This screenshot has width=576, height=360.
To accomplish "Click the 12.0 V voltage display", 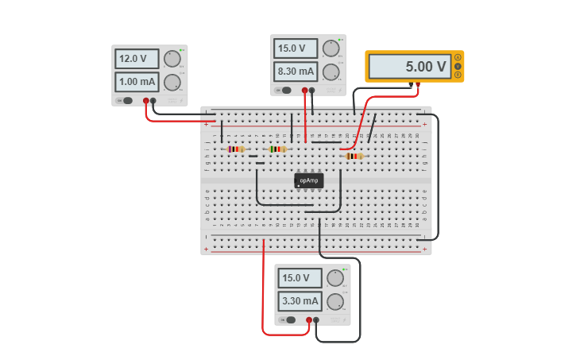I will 137,59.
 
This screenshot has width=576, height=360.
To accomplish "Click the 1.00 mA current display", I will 137,81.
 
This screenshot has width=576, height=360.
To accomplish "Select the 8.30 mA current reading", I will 296,72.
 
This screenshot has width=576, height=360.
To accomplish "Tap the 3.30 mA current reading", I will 300,301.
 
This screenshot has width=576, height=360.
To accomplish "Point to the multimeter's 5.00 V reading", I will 408,67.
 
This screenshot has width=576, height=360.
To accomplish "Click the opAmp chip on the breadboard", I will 309,180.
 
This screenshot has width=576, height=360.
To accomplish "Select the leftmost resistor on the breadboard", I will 236,149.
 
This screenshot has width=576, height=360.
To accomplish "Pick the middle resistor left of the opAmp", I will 277,149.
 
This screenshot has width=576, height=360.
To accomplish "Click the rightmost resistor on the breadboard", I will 354,156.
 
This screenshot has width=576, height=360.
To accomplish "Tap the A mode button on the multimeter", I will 458,58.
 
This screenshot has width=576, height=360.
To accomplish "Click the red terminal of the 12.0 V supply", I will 145,101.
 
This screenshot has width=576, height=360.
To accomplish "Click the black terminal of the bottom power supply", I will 316,320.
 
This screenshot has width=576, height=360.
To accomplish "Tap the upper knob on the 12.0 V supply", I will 172,59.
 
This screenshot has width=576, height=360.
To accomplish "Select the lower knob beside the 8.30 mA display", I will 331,72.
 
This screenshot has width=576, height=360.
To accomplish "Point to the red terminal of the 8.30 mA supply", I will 304,91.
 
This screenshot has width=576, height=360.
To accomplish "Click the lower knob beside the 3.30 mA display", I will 335,301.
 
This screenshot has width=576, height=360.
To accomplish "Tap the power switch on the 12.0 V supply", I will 126,100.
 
